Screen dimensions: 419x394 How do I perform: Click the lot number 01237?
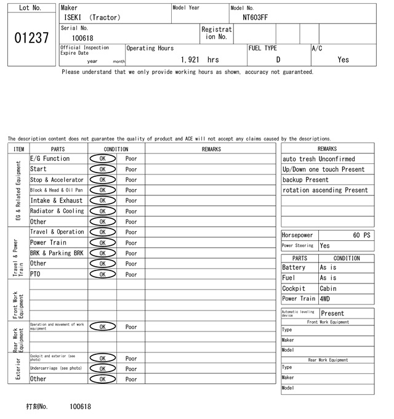31,38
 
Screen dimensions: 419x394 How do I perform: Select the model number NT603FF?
255,18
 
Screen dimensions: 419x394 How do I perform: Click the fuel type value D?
278,60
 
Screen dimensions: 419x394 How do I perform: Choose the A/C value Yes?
343,60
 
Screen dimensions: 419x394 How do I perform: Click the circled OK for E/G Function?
102,159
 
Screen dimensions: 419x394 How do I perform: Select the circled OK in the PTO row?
102,274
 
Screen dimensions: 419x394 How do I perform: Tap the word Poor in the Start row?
131,169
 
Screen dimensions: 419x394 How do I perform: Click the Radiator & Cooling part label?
57,211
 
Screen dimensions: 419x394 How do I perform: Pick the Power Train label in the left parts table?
48,242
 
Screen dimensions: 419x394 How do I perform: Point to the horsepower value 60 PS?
362,235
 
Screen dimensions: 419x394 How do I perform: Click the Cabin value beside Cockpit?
330,288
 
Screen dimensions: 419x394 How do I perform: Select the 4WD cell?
325,299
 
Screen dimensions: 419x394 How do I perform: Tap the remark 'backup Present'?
305,180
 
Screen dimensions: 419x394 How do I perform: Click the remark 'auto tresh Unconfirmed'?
318,159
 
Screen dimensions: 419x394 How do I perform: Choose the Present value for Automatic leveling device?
332,314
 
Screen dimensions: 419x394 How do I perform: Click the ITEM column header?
18,149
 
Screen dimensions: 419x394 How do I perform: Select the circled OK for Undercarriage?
102,368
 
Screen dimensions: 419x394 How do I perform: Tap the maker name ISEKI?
73,18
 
